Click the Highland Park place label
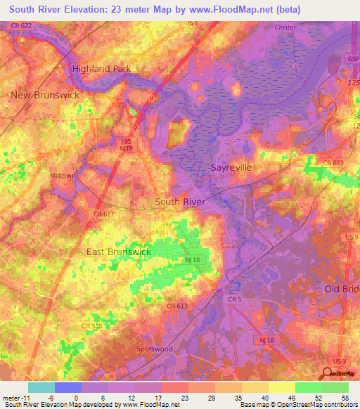click(x=102, y=68)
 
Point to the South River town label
click(x=180, y=202)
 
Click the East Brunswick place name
click(x=118, y=251)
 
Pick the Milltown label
click(x=63, y=176)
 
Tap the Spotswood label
click(x=154, y=349)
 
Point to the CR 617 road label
click(x=103, y=214)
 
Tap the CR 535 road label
click(x=92, y=326)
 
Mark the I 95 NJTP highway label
click(x=124, y=145)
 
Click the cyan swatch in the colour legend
click(x=41, y=387)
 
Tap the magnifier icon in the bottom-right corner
click(x=328, y=374)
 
